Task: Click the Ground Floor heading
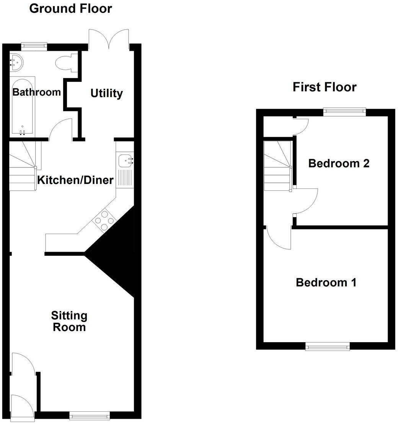(x=70, y=8)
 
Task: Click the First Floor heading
(x=324, y=87)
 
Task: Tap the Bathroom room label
(x=36, y=92)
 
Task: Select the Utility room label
(x=106, y=93)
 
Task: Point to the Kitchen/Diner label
(x=75, y=180)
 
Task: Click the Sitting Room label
(x=69, y=322)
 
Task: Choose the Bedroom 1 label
(x=326, y=283)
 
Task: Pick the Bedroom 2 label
(x=339, y=164)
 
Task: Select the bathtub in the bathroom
(x=23, y=107)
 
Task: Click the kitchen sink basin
(x=125, y=161)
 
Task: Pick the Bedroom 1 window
(x=328, y=346)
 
